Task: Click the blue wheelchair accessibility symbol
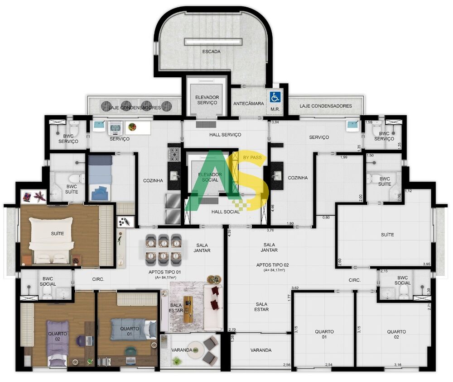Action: coord(275,97)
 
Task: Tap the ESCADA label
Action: coord(212,52)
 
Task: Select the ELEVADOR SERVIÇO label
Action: coord(207,100)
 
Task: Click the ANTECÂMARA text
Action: coord(248,104)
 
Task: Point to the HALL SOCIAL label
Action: coord(225,212)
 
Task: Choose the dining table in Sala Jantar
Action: coord(164,248)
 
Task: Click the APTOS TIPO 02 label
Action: coord(272,264)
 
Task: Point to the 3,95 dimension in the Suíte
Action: coord(426,264)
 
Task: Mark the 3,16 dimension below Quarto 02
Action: coord(398,365)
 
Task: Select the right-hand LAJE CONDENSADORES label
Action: coord(326,106)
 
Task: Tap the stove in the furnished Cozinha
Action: coord(174,154)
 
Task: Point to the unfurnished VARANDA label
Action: coord(261,350)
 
